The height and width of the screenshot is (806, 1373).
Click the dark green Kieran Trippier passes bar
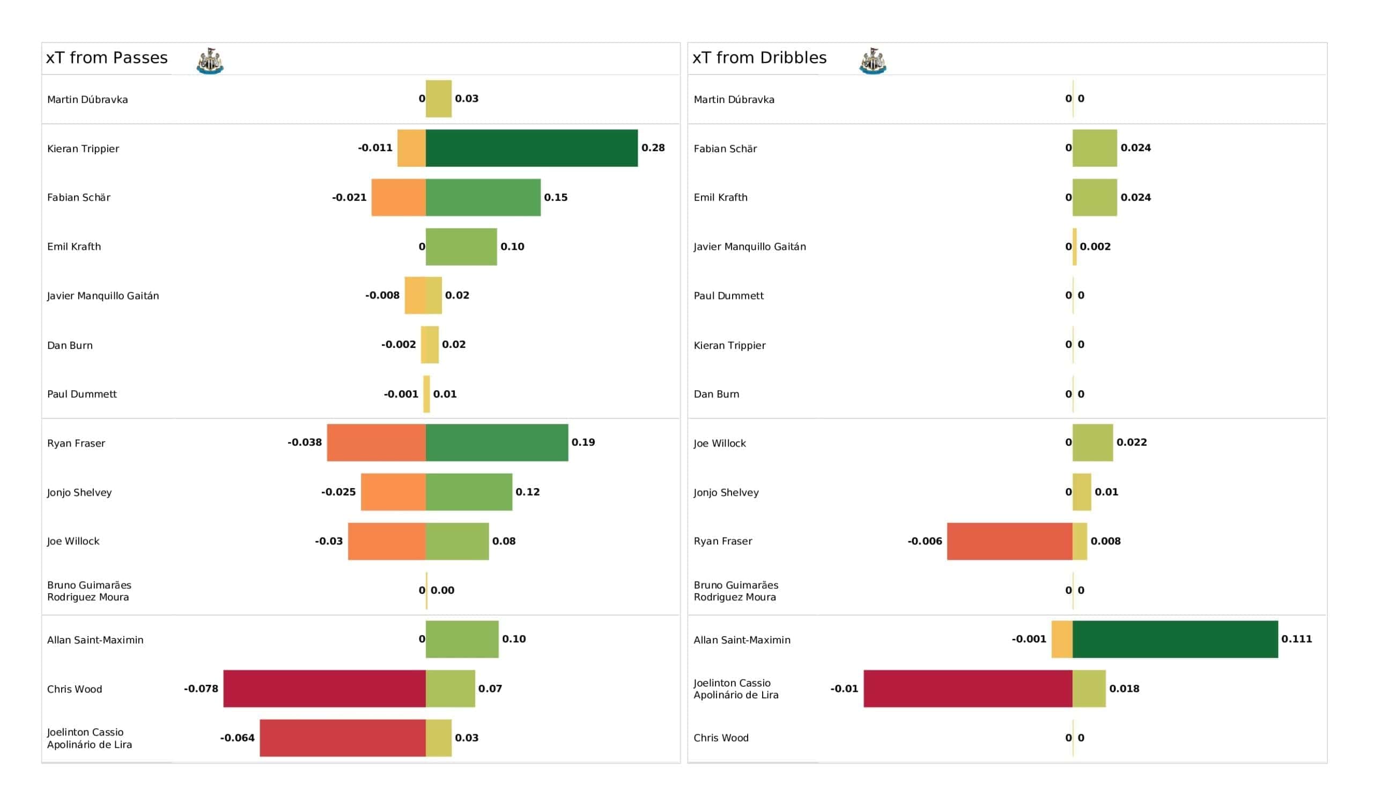(x=531, y=148)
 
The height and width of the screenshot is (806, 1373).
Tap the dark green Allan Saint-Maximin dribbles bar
(x=1175, y=639)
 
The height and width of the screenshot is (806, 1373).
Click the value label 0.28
(x=653, y=148)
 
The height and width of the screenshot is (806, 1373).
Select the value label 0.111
(x=1296, y=639)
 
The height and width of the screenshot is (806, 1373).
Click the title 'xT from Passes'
(x=107, y=58)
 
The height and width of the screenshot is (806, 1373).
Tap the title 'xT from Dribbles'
(x=759, y=58)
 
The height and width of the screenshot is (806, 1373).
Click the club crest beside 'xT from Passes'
(x=210, y=61)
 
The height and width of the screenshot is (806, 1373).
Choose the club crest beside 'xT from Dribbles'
(x=872, y=61)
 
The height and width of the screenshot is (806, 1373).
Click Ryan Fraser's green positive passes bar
(x=497, y=443)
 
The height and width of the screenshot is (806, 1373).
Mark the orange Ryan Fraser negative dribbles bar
(x=1009, y=541)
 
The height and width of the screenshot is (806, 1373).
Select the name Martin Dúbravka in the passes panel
(x=88, y=100)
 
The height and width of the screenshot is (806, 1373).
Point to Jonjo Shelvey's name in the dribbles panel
(x=726, y=493)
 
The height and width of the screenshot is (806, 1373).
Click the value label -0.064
(x=237, y=738)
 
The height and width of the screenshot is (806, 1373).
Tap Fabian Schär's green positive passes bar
(x=483, y=197)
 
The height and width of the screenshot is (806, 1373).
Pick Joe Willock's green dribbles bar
(x=1093, y=443)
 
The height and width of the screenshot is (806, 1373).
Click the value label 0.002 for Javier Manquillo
(x=1095, y=247)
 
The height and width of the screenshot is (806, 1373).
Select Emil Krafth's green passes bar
(x=461, y=247)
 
